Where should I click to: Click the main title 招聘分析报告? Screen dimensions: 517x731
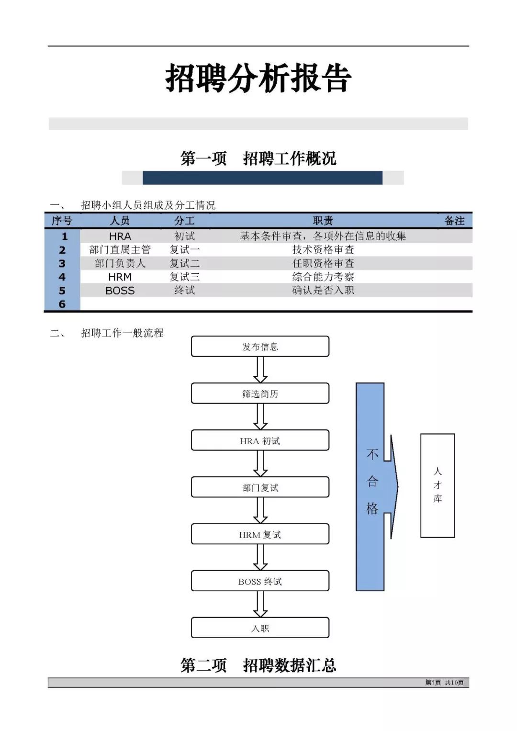258,78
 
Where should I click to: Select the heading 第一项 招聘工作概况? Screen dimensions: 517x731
258,158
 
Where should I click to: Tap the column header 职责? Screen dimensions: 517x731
323,221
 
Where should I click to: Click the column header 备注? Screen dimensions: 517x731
454,221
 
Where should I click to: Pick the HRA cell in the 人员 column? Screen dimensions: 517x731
120,236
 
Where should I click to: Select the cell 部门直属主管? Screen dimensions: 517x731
120,249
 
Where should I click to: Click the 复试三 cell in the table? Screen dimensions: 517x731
184,277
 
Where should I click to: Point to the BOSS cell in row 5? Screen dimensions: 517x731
120,291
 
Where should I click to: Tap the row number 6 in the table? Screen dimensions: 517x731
62,304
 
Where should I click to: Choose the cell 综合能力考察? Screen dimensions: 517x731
323,277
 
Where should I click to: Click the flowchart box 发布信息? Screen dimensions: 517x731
260,346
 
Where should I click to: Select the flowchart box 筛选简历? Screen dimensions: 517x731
260,393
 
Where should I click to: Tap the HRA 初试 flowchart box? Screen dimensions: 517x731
260,440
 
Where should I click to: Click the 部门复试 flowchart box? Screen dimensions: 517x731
260,487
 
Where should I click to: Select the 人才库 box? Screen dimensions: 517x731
438,485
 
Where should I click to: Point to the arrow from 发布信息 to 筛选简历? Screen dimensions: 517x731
260,370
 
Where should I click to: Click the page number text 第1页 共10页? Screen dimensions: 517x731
444,682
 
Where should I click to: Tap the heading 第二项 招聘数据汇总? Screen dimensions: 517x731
258,665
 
